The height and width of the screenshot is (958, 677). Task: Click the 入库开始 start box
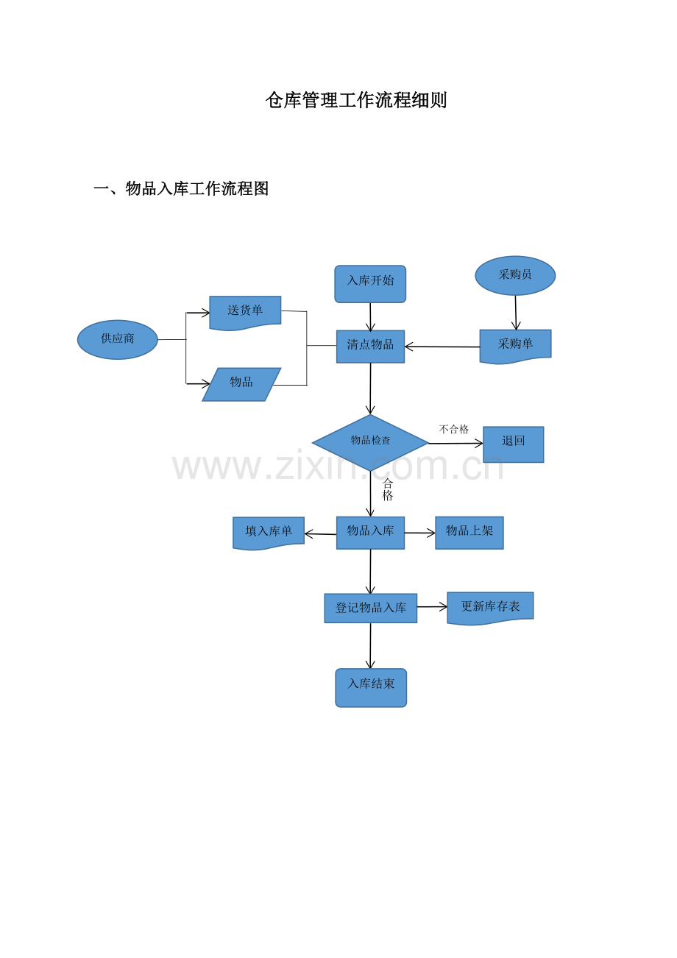(370, 284)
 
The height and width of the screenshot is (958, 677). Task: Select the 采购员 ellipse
(515, 275)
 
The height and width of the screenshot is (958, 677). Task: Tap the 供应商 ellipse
(118, 340)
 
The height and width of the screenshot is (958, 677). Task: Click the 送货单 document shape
(245, 313)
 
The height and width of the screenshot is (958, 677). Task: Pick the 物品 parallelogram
(241, 384)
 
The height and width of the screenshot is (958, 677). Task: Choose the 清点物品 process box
(370, 347)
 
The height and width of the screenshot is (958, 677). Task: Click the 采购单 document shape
(515, 346)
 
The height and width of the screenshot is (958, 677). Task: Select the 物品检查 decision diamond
(370, 443)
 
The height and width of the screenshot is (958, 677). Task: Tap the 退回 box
(513, 444)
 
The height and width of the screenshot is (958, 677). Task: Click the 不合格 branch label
(454, 429)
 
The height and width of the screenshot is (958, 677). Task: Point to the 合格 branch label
(388, 490)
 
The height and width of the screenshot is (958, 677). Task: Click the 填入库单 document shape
(269, 533)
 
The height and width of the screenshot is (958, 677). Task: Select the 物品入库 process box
(370, 533)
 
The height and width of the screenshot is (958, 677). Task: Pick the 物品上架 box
(469, 533)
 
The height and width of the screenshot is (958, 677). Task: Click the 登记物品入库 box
(370, 608)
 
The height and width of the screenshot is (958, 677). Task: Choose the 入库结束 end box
(371, 688)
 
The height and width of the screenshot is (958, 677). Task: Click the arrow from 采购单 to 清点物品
(442, 347)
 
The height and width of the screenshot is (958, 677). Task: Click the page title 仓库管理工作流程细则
(356, 100)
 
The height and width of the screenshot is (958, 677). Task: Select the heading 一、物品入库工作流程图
(181, 188)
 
